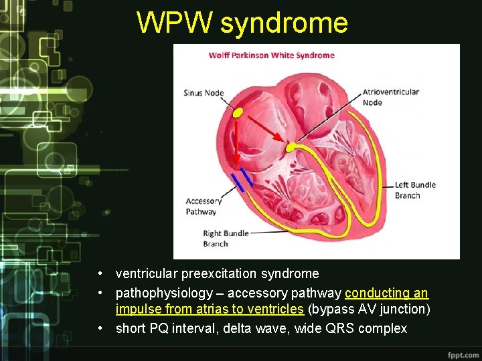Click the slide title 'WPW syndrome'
pyautogui.click(x=242, y=23)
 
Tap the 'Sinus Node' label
pyautogui.click(x=204, y=93)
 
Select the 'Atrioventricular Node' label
pyautogui.click(x=390, y=97)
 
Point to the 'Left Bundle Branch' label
pyautogui.click(x=415, y=190)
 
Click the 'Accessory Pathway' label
pyautogui.click(x=204, y=206)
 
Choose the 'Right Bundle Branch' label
pyautogui.click(x=226, y=239)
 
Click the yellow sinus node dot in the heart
pyautogui.click(x=238, y=113)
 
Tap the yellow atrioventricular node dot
pyautogui.click(x=291, y=146)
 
